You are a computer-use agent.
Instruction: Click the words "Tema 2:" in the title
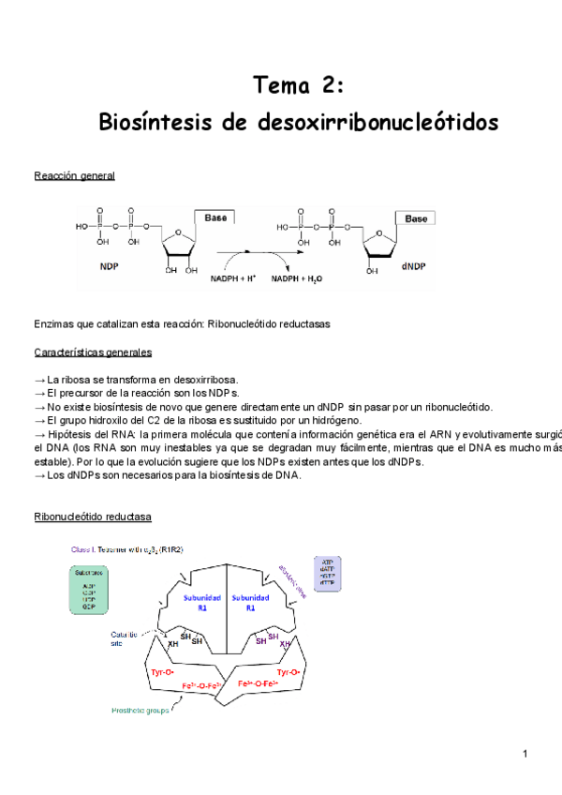299,86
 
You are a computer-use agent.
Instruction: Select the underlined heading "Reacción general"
74,176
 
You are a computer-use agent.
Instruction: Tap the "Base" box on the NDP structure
213,217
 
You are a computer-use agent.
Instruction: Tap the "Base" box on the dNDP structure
415,218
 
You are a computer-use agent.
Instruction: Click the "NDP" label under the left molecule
111,265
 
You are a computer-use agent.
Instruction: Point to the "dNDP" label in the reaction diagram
413,266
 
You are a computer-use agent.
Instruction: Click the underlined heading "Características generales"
93,352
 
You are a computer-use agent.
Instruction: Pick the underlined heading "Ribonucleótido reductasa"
93,517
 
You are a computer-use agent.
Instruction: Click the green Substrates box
90,590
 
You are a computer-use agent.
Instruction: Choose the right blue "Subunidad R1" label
250,602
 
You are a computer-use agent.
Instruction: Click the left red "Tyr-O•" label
165,672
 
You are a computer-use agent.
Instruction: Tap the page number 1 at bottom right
526,754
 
